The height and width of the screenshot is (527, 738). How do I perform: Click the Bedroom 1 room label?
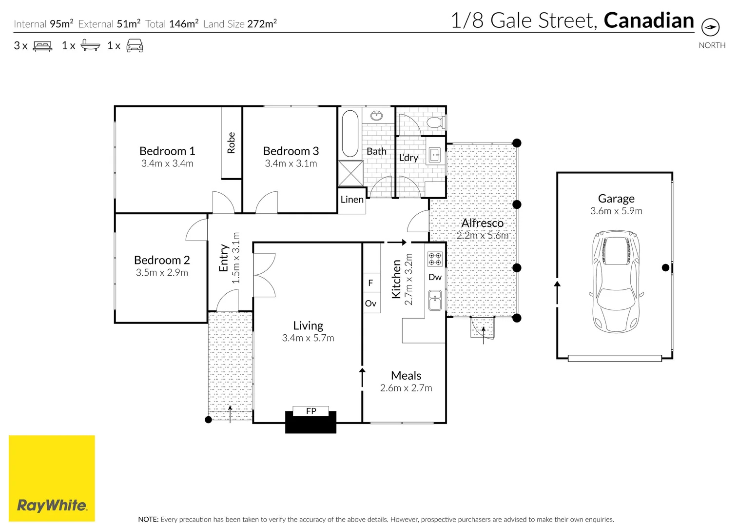click(167, 151)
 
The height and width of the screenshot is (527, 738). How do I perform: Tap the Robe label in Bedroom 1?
click(231, 142)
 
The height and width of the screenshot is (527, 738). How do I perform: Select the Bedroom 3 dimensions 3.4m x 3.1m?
click(291, 164)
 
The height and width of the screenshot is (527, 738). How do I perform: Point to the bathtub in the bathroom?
click(350, 133)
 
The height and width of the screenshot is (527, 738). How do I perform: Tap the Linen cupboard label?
click(352, 200)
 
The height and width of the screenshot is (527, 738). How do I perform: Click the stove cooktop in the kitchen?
click(435, 259)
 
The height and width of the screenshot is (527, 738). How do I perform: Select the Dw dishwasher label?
click(435, 277)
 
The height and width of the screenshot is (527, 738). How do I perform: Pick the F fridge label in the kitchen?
click(370, 283)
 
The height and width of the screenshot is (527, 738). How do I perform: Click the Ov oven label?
click(370, 304)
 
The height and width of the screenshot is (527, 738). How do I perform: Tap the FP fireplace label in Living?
click(311, 411)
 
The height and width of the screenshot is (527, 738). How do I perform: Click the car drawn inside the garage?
click(616, 282)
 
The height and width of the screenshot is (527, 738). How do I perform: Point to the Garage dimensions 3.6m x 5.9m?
click(616, 211)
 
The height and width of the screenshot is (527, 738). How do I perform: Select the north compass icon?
click(711, 27)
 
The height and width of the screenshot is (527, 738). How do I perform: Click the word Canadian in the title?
click(648, 21)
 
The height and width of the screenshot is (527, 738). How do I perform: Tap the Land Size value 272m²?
click(262, 24)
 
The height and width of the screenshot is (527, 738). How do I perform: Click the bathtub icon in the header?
click(90, 46)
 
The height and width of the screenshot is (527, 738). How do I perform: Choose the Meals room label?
click(406, 376)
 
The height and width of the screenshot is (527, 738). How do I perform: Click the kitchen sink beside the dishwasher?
click(435, 300)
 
